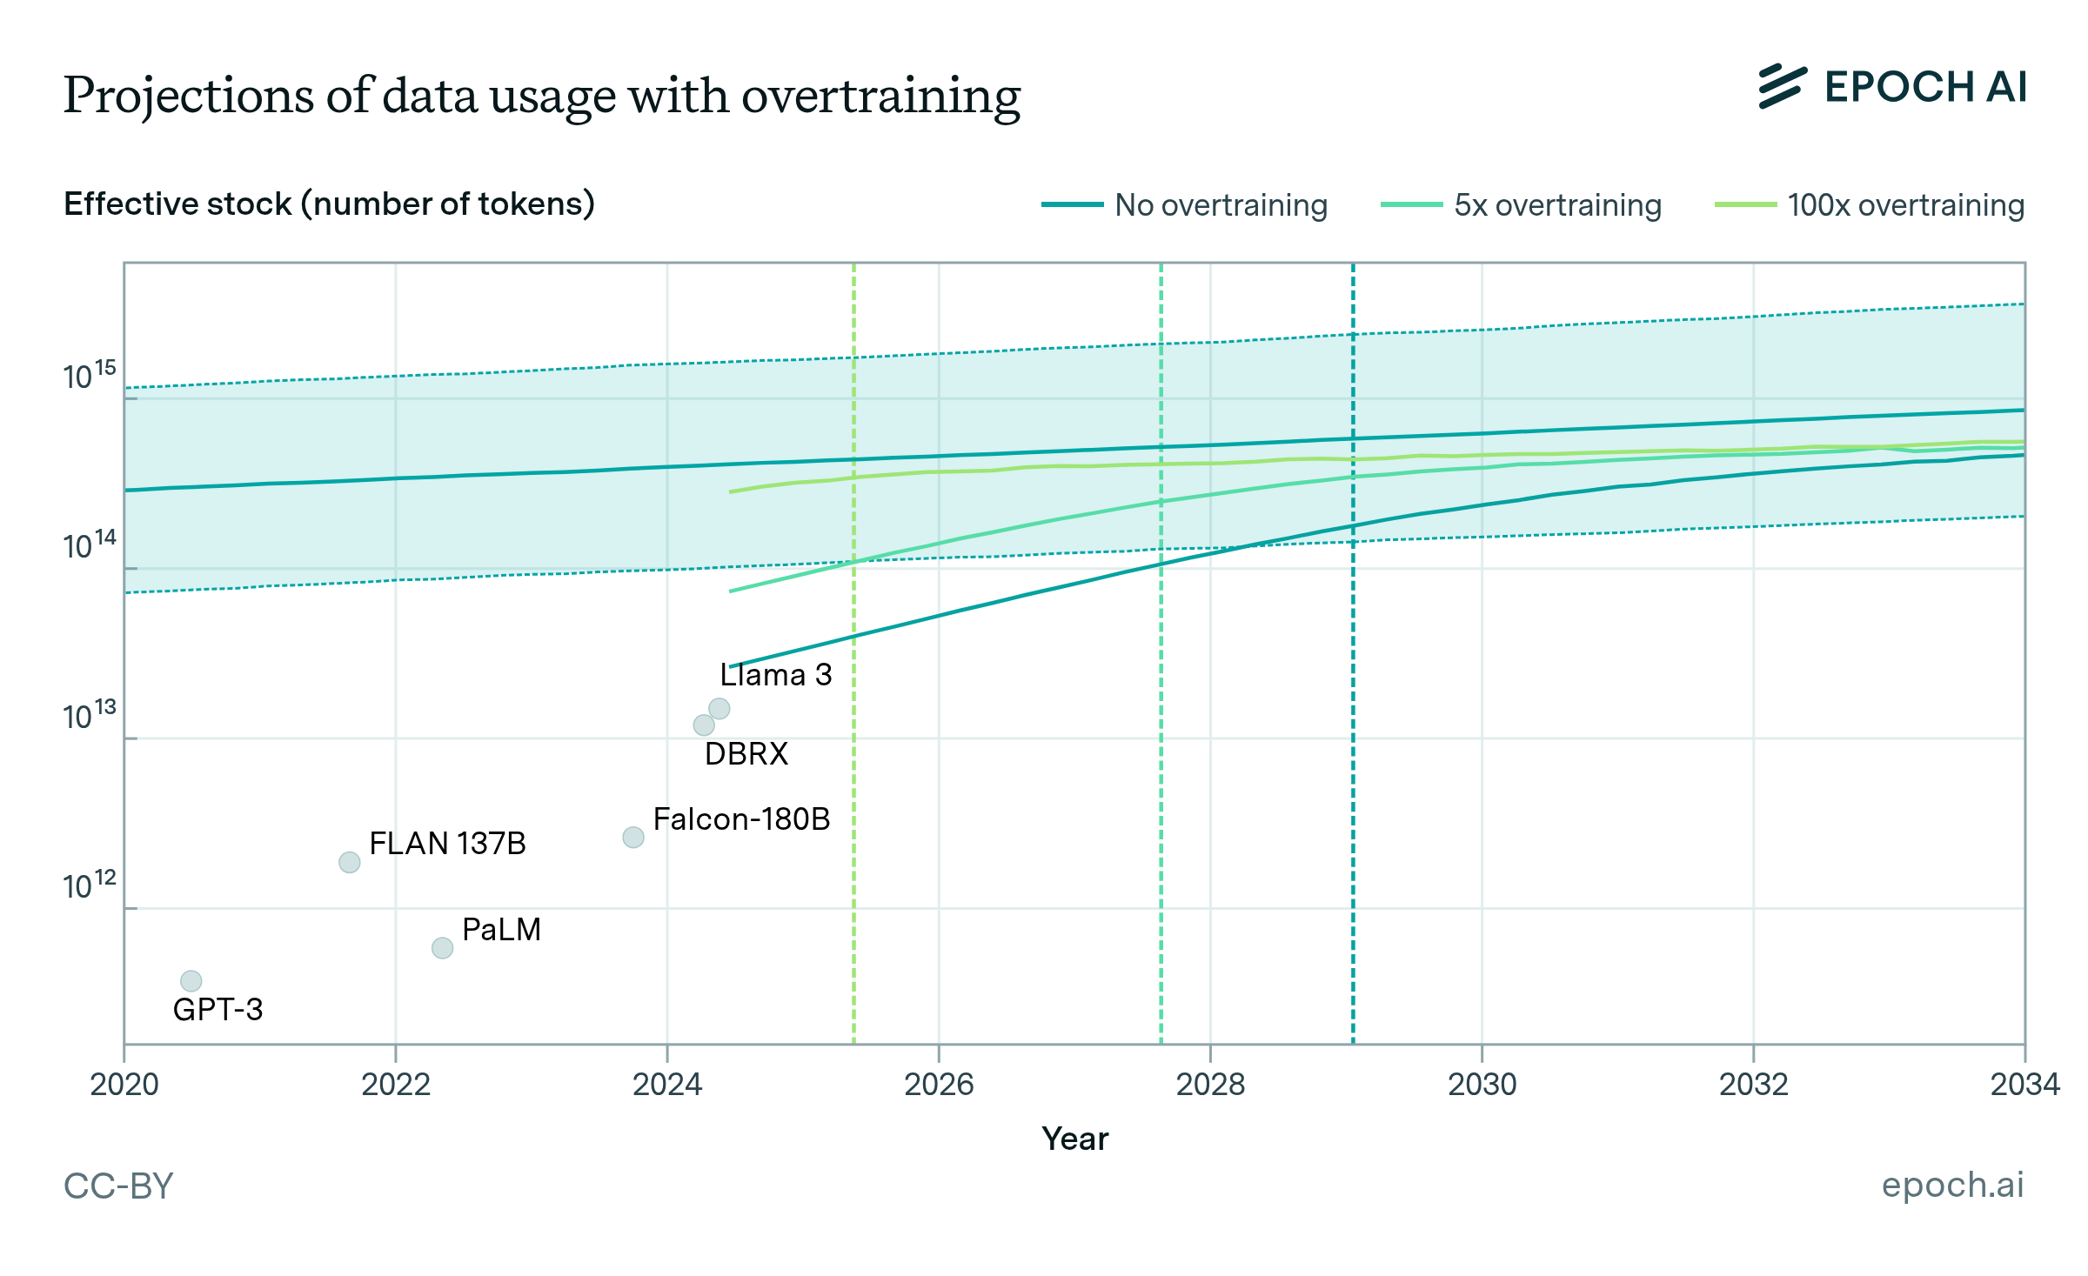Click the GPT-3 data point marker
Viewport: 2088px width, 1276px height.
pos(191,981)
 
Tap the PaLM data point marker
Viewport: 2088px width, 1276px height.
pos(443,948)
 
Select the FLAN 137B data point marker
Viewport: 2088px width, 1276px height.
pos(350,862)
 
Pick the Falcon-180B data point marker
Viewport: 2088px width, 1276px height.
pos(633,837)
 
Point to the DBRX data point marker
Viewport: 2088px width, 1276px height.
pos(704,725)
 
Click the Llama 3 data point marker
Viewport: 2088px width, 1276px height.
pos(719,709)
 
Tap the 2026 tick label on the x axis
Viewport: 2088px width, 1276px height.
pos(939,1085)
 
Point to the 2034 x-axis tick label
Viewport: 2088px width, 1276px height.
pos(2024,1085)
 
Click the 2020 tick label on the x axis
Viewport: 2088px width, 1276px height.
pos(124,1085)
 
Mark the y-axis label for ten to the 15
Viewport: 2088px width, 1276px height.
pos(89,376)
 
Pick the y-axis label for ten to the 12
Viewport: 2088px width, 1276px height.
pos(89,886)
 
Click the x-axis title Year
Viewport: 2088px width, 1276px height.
pos(1075,1139)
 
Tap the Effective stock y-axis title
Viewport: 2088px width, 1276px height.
pos(329,204)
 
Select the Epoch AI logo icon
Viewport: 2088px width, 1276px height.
pos(1782,87)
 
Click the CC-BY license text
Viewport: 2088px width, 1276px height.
pos(119,1186)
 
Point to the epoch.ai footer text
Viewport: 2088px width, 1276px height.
pos(1952,1185)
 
